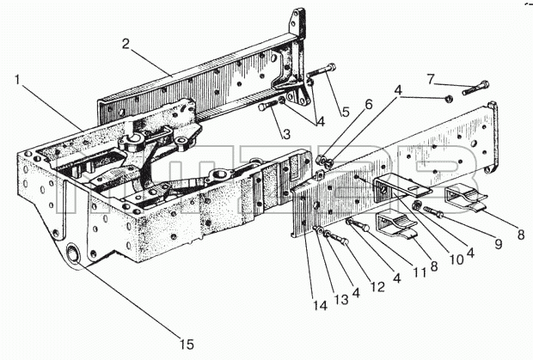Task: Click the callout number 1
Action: (x=18, y=79)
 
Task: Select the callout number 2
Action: (x=126, y=44)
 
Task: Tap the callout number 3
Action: (x=286, y=134)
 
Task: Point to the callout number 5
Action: (x=346, y=112)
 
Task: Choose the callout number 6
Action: (x=369, y=104)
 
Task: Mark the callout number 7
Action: (x=431, y=79)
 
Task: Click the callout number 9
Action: (x=499, y=243)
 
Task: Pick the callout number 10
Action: (x=456, y=259)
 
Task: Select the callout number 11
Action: (x=420, y=272)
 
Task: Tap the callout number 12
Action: (x=377, y=287)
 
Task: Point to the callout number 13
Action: (x=341, y=300)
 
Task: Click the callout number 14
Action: (x=320, y=306)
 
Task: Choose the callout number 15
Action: (x=187, y=345)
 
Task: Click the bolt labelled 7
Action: (x=475, y=88)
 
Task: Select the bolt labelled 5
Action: (x=321, y=70)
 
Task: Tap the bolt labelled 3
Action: (x=268, y=106)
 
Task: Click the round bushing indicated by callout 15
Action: (x=73, y=254)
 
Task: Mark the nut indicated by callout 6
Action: (x=320, y=159)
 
